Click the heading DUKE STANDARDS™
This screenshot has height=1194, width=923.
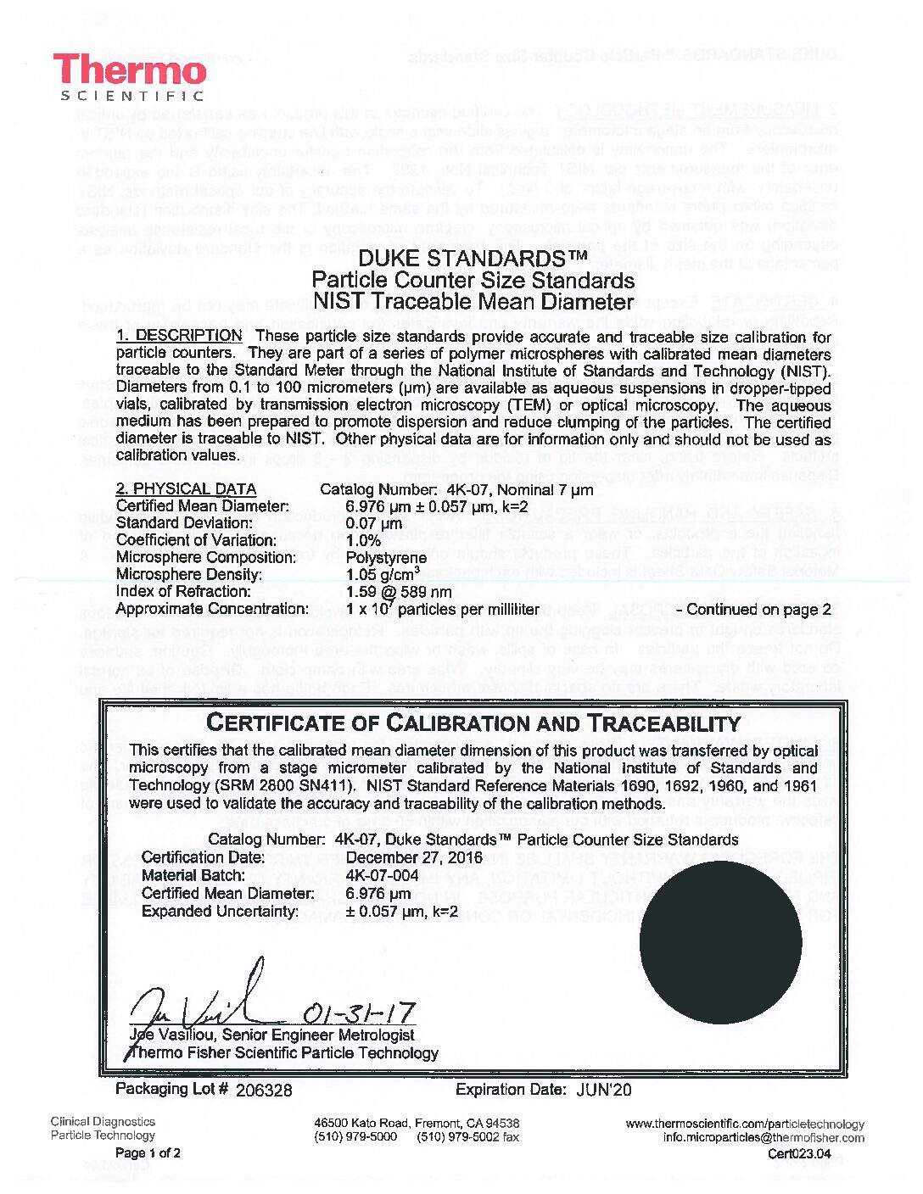click(x=473, y=258)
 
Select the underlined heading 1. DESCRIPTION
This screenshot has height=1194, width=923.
click(x=179, y=336)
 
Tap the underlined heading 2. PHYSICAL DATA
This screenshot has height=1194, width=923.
click(x=186, y=489)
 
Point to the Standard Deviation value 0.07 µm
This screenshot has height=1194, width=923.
click(x=374, y=523)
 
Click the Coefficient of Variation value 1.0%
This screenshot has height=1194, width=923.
click(x=365, y=540)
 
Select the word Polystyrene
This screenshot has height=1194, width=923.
click(x=386, y=557)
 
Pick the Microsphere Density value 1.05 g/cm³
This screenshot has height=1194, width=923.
click(x=383, y=573)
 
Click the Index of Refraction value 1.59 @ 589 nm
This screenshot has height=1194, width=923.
click(x=399, y=592)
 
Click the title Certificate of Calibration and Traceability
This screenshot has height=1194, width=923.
click(x=473, y=723)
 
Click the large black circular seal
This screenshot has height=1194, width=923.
click(x=720, y=944)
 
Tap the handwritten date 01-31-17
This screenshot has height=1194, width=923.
click(x=358, y=1013)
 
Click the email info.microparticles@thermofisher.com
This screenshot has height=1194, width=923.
click(x=764, y=1138)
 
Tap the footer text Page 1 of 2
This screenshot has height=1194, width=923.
click(x=147, y=1153)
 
